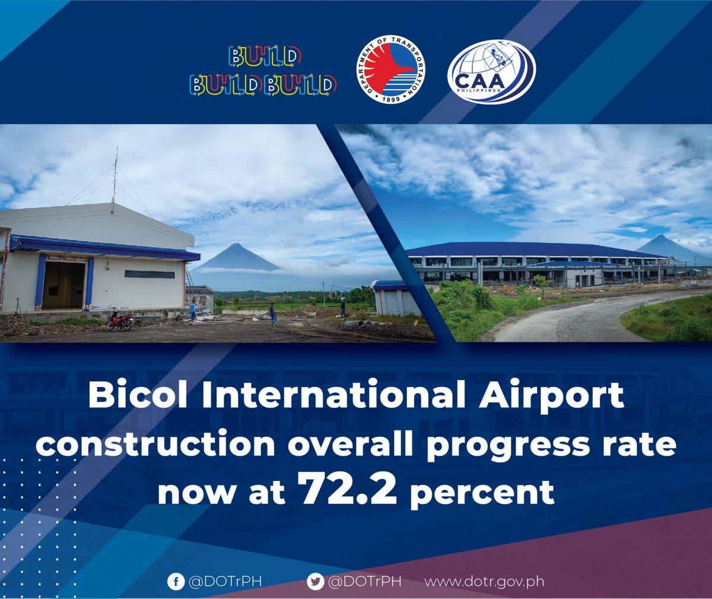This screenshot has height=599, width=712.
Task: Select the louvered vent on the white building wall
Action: tap(150, 274)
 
